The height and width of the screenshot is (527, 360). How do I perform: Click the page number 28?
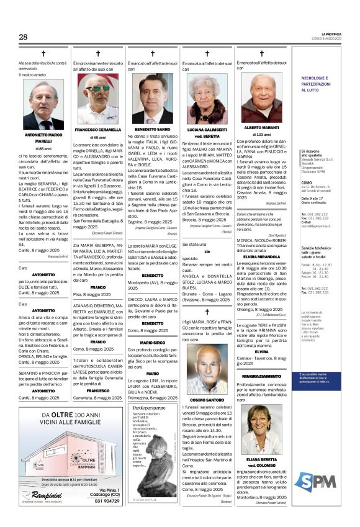coord(23,37)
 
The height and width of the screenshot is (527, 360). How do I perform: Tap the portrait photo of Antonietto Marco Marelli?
coord(43,104)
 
